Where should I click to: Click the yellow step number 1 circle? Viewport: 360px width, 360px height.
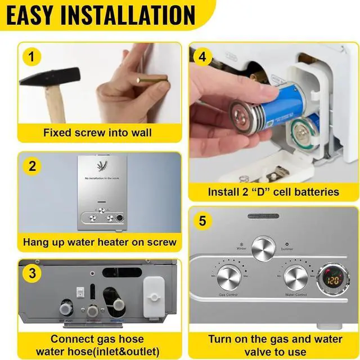[x=32, y=56]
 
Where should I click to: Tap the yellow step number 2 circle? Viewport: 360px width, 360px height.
[x=32, y=166]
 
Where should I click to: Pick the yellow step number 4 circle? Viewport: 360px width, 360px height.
[x=204, y=56]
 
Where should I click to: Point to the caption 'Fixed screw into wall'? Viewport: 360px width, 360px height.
[x=97, y=133]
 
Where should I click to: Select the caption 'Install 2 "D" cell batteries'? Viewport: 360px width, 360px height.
[x=273, y=192]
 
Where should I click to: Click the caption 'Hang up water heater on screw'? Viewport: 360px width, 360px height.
[x=100, y=242]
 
